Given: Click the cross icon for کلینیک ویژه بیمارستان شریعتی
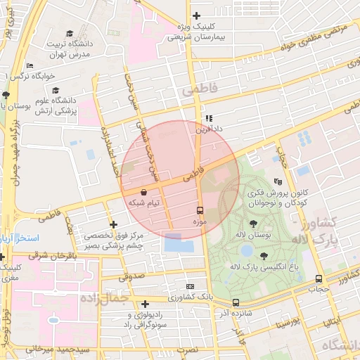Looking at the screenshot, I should pos(196,16).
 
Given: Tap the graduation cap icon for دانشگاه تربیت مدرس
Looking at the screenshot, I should pos(70,33).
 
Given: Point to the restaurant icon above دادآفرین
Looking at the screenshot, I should pos(209,118).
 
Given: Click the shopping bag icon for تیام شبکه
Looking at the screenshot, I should pos(144,191).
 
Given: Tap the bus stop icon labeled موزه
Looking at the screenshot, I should pos(200,210).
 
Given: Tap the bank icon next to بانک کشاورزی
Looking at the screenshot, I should pos(190,286).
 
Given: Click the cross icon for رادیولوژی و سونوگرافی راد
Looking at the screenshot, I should pos(145,304).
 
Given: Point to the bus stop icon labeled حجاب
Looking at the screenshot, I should pos(319,278).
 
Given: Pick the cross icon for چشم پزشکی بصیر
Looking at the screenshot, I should pos(113,224).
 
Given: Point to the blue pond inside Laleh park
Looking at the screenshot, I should pos(246,250).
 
